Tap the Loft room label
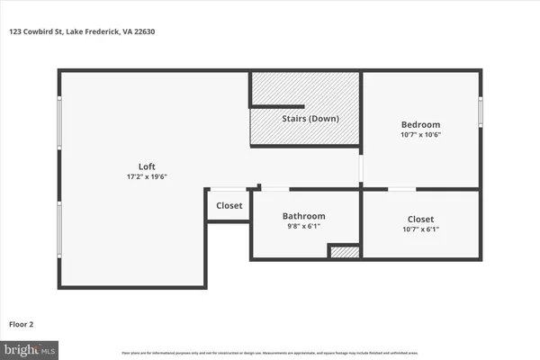[147, 166]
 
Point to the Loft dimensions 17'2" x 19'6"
[147, 176]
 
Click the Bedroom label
[420, 124]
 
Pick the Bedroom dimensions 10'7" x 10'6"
[420, 135]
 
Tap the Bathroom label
[304, 216]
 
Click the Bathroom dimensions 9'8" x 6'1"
[304, 227]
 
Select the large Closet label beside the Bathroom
[420, 219]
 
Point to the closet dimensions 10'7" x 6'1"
[420, 229]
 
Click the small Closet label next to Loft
[229, 205]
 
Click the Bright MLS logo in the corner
[31, 347]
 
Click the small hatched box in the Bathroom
[342, 253]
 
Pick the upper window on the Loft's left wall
[59, 121]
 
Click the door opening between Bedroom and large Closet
[401, 189]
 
